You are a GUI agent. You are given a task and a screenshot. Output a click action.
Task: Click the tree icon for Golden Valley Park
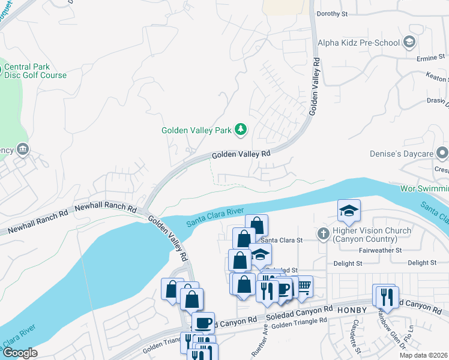(x=241, y=129)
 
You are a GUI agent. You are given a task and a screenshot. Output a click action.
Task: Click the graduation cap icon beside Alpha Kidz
(x=409, y=42)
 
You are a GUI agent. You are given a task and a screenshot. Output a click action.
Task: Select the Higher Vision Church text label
(x=373, y=235)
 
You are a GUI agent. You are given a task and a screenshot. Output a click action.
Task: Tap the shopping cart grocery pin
(x=304, y=286)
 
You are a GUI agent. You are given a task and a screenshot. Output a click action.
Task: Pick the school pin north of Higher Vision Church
(x=349, y=211)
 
